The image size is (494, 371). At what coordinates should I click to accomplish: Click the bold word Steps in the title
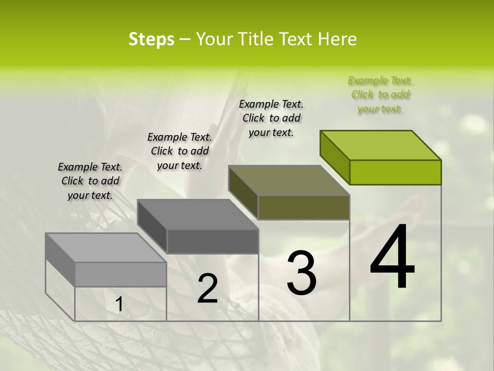click(151, 39)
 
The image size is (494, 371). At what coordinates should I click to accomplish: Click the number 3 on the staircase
click(302, 273)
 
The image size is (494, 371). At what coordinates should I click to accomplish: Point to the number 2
click(207, 289)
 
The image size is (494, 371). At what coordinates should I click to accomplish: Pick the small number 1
click(119, 305)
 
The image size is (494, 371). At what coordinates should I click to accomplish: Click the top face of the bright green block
click(381, 145)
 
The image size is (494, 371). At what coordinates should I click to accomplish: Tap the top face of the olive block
click(289, 180)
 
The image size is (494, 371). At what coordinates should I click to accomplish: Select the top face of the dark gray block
click(198, 214)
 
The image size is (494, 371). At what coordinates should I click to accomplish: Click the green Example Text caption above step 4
click(380, 95)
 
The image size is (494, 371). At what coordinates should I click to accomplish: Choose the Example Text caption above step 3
click(271, 118)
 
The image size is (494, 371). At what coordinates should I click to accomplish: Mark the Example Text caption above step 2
click(180, 151)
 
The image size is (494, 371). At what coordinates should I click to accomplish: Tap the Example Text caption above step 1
click(90, 181)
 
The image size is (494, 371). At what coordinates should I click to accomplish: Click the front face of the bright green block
click(395, 172)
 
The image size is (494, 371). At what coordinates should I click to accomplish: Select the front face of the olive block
click(304, 207)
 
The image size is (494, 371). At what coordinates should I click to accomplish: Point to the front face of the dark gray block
click(212, 241)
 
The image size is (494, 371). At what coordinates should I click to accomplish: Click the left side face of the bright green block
click(334, 157)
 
